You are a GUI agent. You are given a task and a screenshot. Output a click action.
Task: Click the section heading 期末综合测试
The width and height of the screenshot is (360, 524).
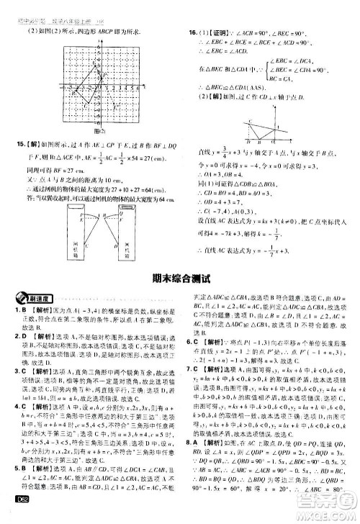(179, 279)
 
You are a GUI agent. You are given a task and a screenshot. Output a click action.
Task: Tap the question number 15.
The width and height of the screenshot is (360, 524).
(16, 143)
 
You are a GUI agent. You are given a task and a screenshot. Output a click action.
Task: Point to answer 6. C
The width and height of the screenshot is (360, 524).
(192, 341)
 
